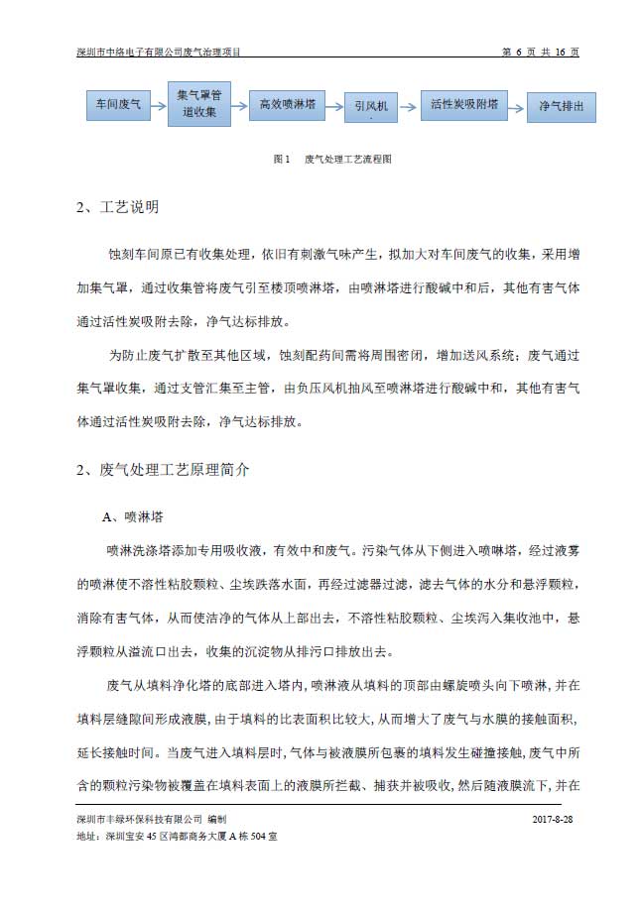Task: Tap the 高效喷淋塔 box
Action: pyautogui.click(x=287, y=103)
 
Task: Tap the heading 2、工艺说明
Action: pyautogui.click(x=117, y=208)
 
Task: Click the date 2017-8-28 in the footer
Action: pyautogui.click(x=553, y=820)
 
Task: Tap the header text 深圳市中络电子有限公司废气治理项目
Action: pyautogui.click(x=161, y=52)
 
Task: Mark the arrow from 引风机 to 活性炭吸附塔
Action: pyautogui.click(x=411, y=104)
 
